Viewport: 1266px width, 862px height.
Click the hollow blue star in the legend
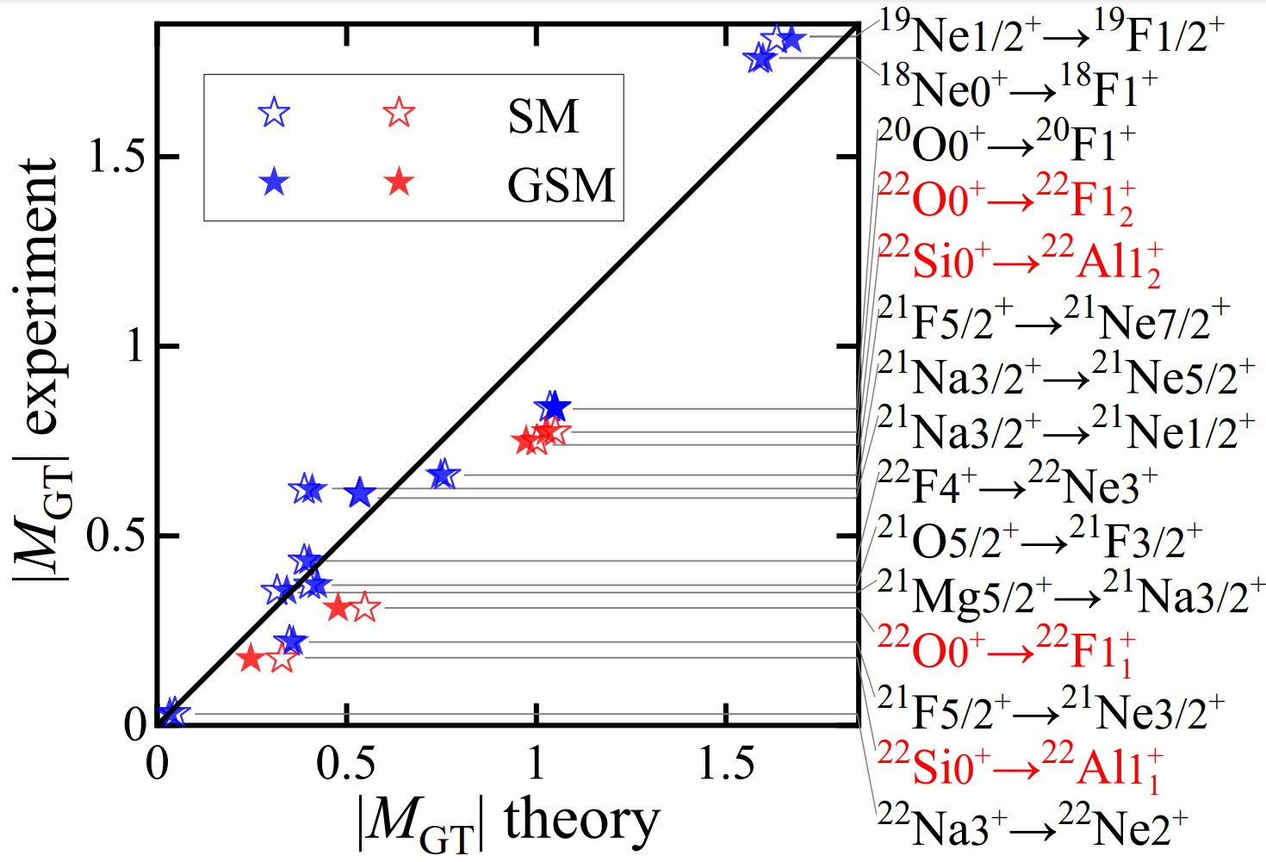pos(274,112)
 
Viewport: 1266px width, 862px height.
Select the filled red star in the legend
pos(399,182)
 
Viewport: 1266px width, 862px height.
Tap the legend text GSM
pos(561,185)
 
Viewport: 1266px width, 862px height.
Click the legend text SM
pos(543,116)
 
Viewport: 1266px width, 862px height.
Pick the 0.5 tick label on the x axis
pos(345,763)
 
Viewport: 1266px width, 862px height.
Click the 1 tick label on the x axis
pos(537,763)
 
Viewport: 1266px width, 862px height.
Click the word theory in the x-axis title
pos(582,820)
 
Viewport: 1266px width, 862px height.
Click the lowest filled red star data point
pos(251,659)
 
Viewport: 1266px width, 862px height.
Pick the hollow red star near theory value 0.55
pos(365,607)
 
